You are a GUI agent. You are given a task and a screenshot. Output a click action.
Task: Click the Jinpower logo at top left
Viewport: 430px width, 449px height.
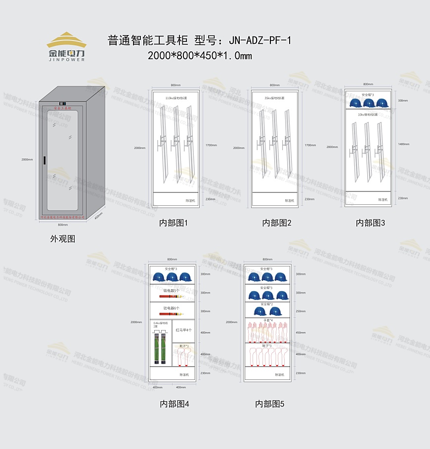pyautogui.click(x=66, y=47)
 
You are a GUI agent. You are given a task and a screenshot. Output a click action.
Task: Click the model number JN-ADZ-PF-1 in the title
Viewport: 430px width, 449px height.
pyautogui.click(x=258, y=40)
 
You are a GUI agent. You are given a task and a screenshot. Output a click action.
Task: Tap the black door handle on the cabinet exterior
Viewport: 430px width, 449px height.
pyautogui.click(x=45, y=161)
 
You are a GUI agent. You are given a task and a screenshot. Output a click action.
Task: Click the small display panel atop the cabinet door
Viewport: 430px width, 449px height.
pyautogui.click(x=62, y=104)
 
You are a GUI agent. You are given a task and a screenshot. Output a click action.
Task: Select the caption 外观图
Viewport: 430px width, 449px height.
pyautogui.click(x=63, y=239)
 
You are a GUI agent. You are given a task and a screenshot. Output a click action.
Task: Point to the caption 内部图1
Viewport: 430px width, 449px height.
pyautogui.click(x=173, y=223)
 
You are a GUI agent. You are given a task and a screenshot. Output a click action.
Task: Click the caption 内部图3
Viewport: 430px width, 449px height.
pyautogui.click(x=370, y=223)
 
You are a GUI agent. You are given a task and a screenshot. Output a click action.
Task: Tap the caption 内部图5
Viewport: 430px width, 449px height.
pyautogui.click(x=269, y=404)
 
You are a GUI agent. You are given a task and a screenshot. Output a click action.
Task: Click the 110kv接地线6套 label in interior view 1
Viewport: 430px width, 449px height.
pyautogui.click(x=176, y=98)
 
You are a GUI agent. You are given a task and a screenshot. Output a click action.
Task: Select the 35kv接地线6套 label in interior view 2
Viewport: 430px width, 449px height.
pyautogui.click(x=275, y=98)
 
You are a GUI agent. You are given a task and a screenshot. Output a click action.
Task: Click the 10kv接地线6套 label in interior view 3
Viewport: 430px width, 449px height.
pyautogui.click(x=368, y=114)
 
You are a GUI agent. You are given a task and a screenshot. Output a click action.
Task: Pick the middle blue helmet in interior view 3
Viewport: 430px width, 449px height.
pyautogui.click(x=368, y=103)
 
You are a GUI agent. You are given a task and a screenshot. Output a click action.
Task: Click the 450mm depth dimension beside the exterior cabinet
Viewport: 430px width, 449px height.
pyautogui.click(x=98, y=216)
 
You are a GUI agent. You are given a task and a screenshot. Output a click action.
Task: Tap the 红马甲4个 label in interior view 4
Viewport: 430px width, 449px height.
pyautogui.click(x=183, y=330)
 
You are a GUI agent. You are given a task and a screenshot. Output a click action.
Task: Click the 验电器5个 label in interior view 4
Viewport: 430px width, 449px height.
pyautogui.click(x=172, y=291)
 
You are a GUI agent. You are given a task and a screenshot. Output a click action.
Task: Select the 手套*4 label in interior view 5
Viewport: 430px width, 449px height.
pyautogui.click(x=267, y=320)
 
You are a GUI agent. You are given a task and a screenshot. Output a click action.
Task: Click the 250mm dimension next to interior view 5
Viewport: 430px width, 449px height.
pyautogui.click(x=300, y=311)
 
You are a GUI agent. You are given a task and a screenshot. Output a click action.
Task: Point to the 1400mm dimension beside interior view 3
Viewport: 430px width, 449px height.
pyautogui.click(x=403, y=144)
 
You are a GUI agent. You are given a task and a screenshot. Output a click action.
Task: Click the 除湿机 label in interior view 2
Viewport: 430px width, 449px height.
pyautogui.click(x=289, y=201)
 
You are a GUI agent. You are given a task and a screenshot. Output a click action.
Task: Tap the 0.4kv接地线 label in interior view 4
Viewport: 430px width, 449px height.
pyautogui.click(x=160, y=324)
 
